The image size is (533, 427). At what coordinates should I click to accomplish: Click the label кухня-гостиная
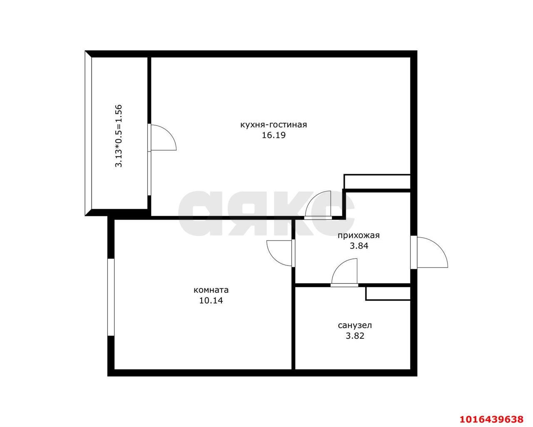click(274, 125)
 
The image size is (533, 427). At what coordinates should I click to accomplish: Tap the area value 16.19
click(274, 135)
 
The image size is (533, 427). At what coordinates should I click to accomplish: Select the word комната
click(211, 290)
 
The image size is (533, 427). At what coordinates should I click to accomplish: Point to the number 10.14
click(211, 300)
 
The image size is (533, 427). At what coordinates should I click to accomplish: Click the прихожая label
click(359, 236)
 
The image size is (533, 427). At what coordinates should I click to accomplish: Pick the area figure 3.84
click(359, 246)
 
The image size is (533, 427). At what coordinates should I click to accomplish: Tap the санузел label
click(355, 325)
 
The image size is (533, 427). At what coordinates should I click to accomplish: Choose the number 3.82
click(355, 336)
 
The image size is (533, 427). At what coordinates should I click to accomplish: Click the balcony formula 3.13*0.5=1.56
click(119, 136)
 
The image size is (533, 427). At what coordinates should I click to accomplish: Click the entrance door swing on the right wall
click(433, 252)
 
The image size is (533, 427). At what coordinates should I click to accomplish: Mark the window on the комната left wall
click(111, 298)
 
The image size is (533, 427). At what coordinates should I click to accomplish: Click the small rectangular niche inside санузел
click(388, 293)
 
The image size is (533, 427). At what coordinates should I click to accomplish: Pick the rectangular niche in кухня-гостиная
click(377, 182)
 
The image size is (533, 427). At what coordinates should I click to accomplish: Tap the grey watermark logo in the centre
click(266, 213)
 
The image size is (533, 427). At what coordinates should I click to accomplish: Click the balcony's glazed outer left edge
click(88, 134)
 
